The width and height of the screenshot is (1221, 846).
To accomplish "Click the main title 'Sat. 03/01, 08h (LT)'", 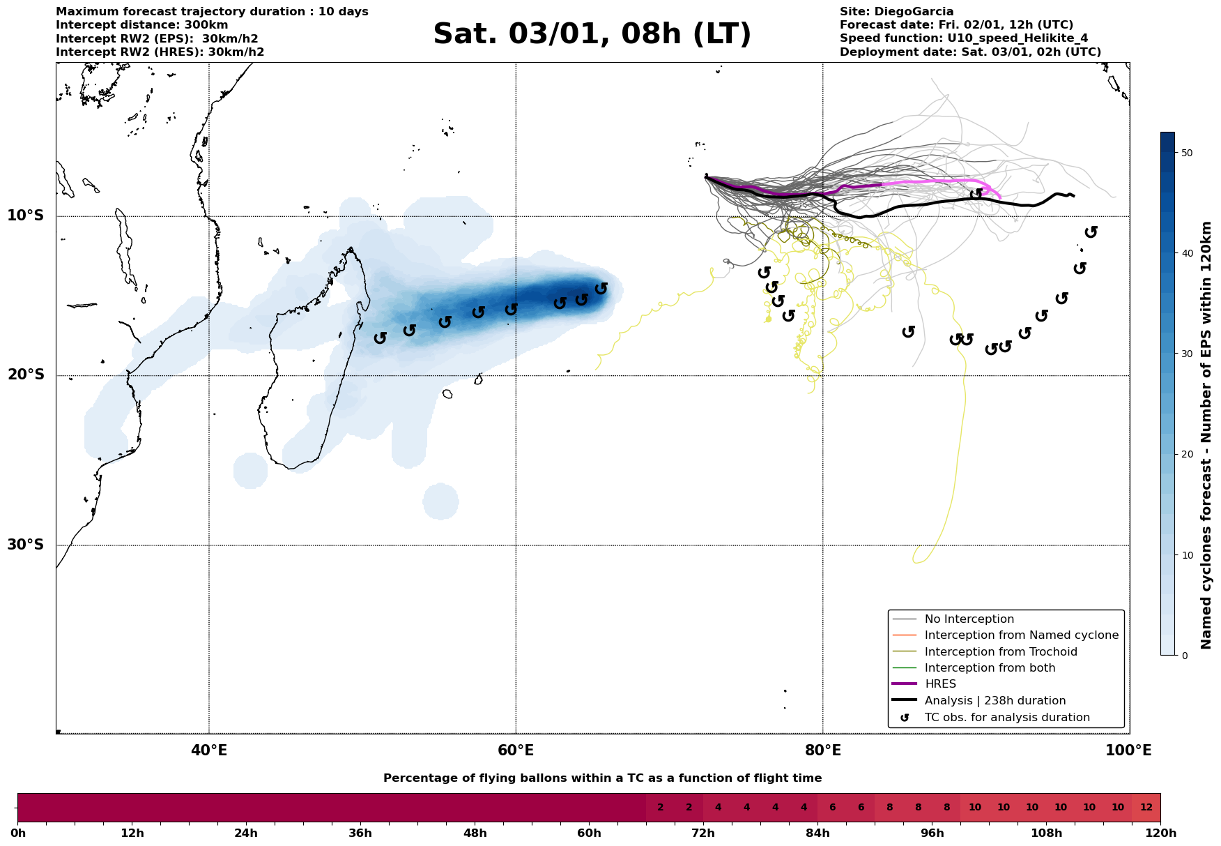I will [592, 34].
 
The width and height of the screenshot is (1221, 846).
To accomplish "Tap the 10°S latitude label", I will [26, 216].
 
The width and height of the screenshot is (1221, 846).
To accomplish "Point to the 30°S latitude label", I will [26, 545].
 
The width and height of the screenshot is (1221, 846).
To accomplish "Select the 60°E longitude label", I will [516, 750].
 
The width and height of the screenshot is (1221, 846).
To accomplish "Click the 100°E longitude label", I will [1128, 750].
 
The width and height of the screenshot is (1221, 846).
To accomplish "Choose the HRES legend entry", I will [940, 684].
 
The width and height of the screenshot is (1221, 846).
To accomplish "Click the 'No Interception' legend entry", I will [969, 619].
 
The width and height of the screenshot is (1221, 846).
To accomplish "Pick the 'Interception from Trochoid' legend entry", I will [1000, 652].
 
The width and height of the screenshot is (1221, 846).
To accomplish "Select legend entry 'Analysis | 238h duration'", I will [995, 701].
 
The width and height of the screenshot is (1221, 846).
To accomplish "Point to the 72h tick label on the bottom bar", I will [703, 833].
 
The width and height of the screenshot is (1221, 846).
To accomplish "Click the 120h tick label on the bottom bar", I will [1160, 833].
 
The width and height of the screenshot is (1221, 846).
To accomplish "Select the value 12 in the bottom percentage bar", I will [1146, 808].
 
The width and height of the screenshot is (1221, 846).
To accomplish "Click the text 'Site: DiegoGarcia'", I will [896, 12].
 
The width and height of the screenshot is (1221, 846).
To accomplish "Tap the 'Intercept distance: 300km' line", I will [132, 25].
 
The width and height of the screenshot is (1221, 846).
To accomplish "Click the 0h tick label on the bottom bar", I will [18, 833].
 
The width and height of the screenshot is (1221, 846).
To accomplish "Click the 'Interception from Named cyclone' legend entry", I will [1021, 635].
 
